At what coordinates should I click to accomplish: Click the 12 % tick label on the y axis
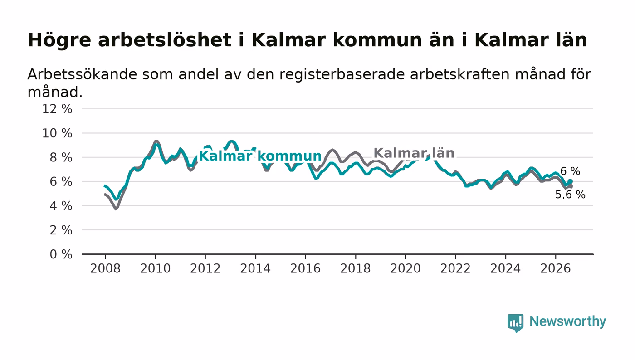tap(57, 109)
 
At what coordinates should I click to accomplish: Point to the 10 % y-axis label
tap(57, 133)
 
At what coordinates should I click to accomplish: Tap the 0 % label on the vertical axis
tap(61, 254)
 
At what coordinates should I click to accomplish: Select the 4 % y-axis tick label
tap(61, 206)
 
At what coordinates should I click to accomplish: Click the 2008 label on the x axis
tap(105, 269)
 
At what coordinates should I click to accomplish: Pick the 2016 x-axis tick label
tap(305, 269)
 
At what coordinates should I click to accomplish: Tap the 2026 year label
tap(555, 269)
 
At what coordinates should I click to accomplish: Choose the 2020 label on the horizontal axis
tap(405, 269)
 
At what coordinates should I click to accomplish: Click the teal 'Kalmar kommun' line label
tap(260, 156)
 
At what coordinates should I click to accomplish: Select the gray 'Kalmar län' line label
tap(414, 153)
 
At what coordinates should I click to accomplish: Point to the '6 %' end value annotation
tap(571, 171)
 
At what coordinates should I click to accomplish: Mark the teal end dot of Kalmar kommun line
tap(571, 181)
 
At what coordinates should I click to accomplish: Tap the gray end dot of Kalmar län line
tap(571, 186)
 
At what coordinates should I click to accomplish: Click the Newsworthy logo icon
tap(516, 322)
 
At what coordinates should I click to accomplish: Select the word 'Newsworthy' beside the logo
tap(568, 321)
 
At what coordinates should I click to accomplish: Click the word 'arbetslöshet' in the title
tap(164, 40)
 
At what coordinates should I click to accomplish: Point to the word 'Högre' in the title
tap(59, 40)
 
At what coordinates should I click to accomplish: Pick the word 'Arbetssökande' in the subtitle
tap(82, 74)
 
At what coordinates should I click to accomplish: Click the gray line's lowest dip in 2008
tap(116, 209)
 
